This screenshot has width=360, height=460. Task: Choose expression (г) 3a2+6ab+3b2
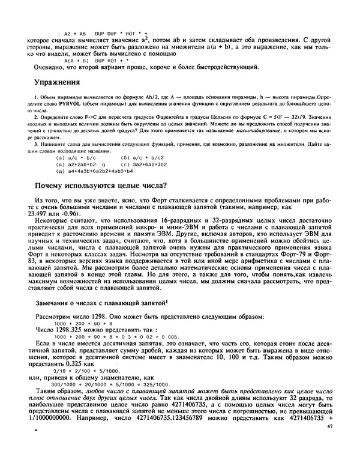click(143, 164)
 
